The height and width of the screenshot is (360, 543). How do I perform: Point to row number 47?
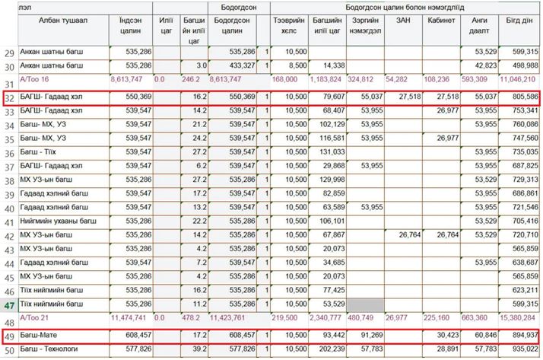click(x=9, y=304)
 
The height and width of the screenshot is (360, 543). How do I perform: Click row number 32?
click(x=9, y=99)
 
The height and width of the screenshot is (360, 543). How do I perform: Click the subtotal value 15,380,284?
click(x=521, y=316)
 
